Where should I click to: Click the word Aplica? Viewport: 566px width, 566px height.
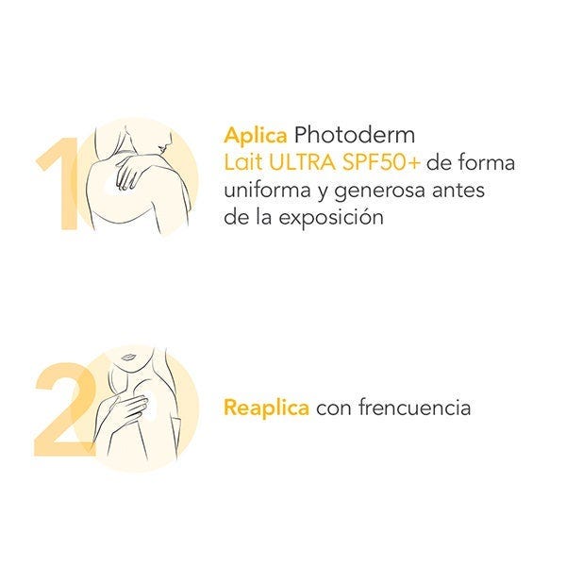tap(256, 137)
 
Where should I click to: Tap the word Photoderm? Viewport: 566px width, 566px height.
tap(354, 135)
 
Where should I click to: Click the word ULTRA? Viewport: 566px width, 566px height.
tap(302, 162)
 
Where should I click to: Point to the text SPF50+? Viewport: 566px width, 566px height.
tap(381, 162)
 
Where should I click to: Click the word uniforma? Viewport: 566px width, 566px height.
tap(267, 191)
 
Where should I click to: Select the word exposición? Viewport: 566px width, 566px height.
tap(331, 218)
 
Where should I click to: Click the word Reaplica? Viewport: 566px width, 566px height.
tap(266, 408)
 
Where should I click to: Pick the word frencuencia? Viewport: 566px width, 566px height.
tap(414, 408)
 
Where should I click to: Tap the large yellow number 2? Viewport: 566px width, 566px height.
tap(66, 408)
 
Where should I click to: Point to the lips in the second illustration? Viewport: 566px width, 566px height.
tap(127, 358)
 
